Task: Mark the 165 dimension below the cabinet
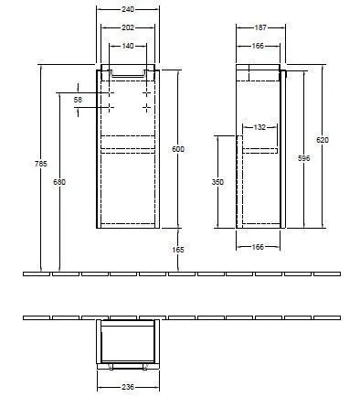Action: [178, 248]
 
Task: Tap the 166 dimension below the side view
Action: [258, 247]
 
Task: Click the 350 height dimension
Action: [217, 182]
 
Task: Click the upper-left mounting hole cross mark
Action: [108, 93]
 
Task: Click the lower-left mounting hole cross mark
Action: [108, 108]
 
